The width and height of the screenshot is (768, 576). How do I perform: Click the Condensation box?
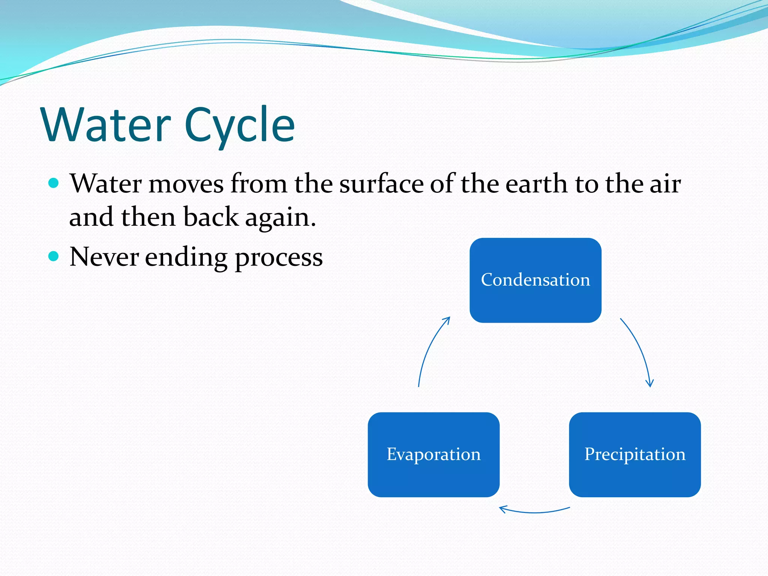click(535, 280)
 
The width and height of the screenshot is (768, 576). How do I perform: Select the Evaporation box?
click(433, 454)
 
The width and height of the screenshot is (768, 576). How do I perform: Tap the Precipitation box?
click(634, 454)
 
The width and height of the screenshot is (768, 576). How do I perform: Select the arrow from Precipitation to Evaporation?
click(534, 511)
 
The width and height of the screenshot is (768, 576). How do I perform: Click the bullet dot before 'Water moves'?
click(54, 183)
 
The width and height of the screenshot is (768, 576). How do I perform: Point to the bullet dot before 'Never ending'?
click(54, 256)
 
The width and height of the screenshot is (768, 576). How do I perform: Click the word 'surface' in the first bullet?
click(381, 184)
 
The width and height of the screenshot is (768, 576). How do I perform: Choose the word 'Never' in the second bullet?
click(104, 257)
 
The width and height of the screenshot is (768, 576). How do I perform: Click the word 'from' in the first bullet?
click(259, 184)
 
